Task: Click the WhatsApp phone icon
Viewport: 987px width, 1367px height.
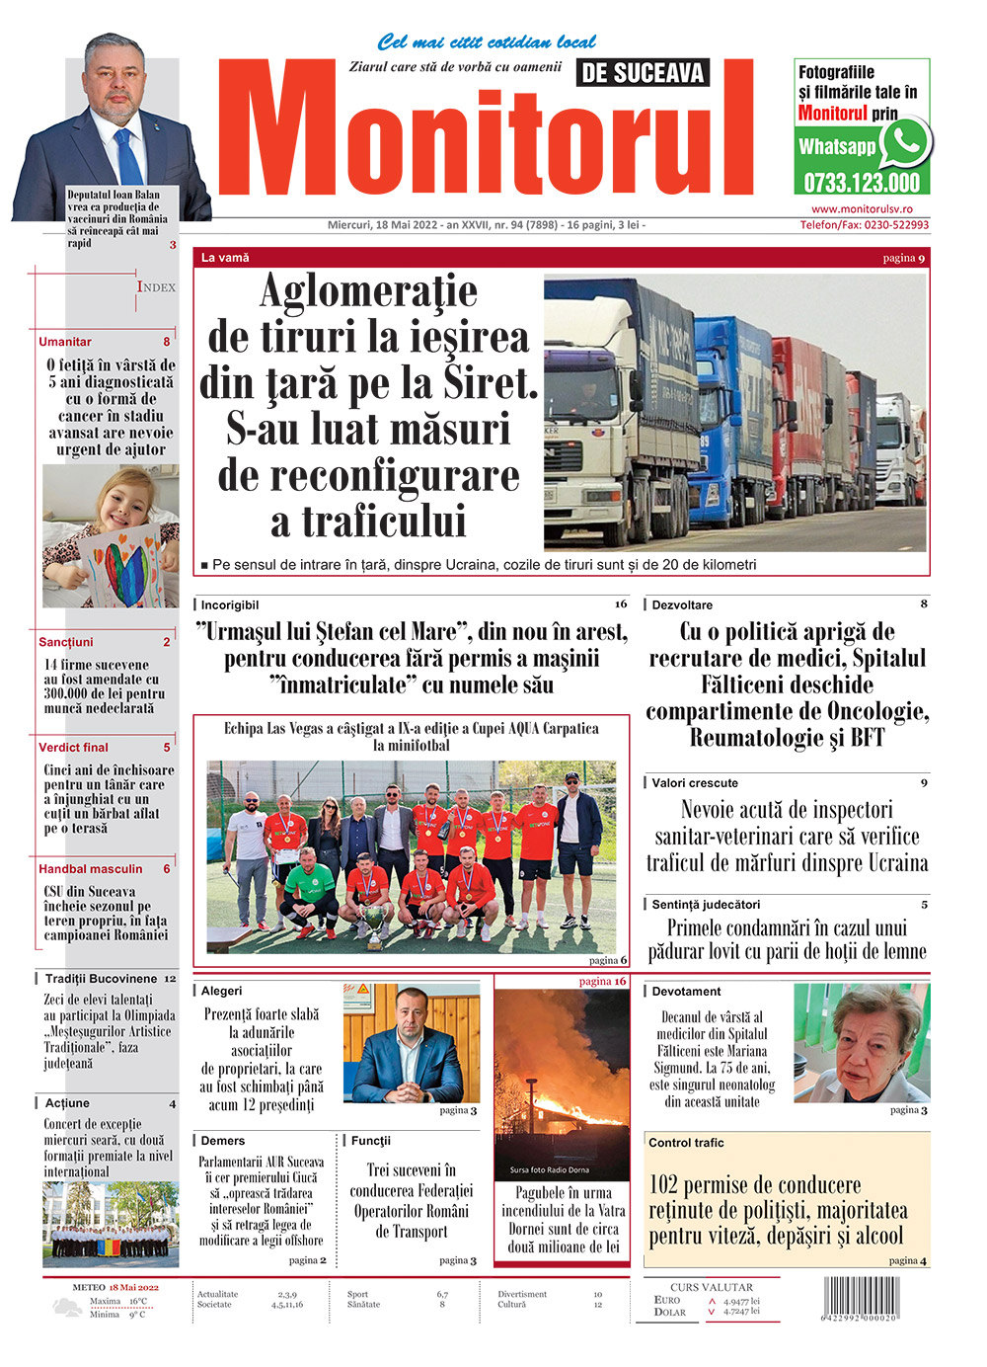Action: (x=904, y=143)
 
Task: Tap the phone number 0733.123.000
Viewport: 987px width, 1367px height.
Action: (x=862, y=183)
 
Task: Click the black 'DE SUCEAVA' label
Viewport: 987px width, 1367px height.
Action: (x=643, y=73)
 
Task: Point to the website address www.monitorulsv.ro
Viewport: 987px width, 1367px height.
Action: (x=862, y=209)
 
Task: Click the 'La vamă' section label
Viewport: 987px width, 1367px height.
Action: (x=225, y=258)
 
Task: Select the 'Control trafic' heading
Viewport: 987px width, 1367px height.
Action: (x=686, y=1143)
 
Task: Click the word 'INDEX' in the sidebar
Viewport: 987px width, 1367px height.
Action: (x=156, y=287)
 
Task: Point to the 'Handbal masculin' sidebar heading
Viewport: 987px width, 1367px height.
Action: (x=91, y=869)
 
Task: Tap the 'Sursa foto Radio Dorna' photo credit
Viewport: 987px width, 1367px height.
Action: (x=550, y=1170)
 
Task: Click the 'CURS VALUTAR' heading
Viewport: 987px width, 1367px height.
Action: (x=711, y=1287)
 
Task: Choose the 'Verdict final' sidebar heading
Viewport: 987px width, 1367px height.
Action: (x=74, y=748)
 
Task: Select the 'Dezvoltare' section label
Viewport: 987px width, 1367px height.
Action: (x=682, y=605)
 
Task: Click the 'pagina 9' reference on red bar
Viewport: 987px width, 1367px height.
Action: (x=903, y=259)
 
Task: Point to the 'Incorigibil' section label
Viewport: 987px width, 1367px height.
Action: (x=230, y=605)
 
